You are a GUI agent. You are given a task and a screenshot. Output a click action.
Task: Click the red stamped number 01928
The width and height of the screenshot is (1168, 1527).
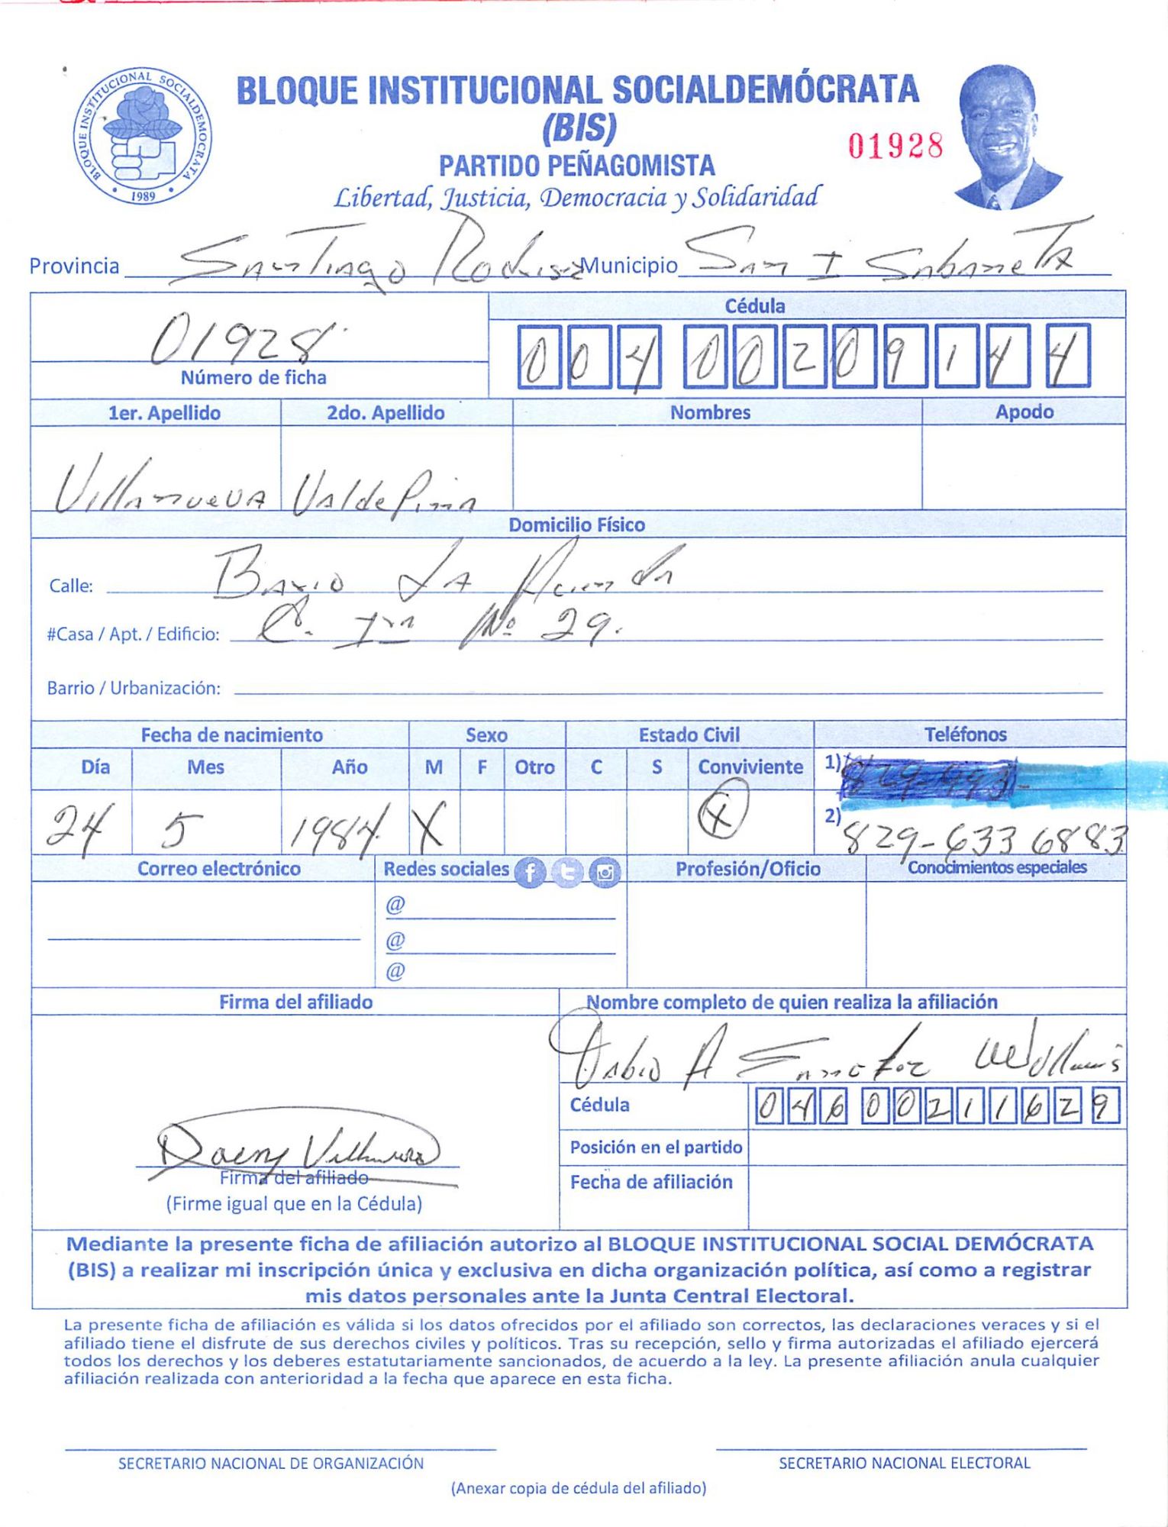[895, 145]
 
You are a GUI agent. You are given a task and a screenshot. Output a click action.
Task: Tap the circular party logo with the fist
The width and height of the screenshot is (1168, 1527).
[143, 136]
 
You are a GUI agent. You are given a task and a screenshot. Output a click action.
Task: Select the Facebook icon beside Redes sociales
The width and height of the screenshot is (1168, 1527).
[530, 872]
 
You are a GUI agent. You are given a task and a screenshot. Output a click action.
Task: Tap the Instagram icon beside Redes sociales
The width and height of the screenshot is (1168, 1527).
[605, 872]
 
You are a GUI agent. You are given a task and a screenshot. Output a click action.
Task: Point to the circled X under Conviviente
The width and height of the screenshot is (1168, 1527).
[722, 811]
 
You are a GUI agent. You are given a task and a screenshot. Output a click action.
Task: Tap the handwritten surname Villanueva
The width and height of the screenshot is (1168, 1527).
[160, 489]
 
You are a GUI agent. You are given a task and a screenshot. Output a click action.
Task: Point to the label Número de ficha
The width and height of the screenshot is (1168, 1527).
[253, 378]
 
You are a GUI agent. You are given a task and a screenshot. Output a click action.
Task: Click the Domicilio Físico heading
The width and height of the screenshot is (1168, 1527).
[576, 525]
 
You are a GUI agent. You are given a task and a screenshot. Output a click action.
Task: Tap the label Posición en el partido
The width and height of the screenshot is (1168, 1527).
[656, 1147]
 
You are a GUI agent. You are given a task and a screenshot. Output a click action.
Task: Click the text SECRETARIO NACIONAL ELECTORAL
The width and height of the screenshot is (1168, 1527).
[904, 1463]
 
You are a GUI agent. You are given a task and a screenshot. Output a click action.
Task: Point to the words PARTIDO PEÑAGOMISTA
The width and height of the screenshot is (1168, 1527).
[576, 166]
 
